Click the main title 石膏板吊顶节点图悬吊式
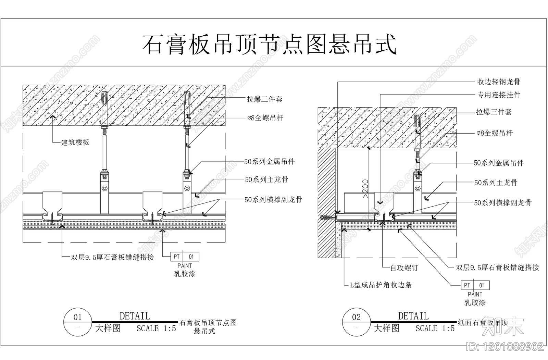click(269, 44)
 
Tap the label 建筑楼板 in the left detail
click(75, 142)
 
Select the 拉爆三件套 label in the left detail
click(264, 99)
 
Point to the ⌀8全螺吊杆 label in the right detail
click(494, 133)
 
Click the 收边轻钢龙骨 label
click(499, 82)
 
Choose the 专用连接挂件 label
click(499, 95)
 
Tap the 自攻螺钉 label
click(404, 268)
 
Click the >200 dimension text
click(365, 188)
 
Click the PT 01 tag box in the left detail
click(185, 257)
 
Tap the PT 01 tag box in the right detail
click(475, 285)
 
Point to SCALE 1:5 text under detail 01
click(156, 328)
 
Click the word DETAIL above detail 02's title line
click(413, 316)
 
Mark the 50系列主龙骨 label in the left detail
click(266, 179)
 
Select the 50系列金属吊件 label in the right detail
click(498, 163)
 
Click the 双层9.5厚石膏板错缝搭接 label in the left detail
click(112, 257)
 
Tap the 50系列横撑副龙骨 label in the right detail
click(502, 203)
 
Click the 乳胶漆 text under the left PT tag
click(185, 274)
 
